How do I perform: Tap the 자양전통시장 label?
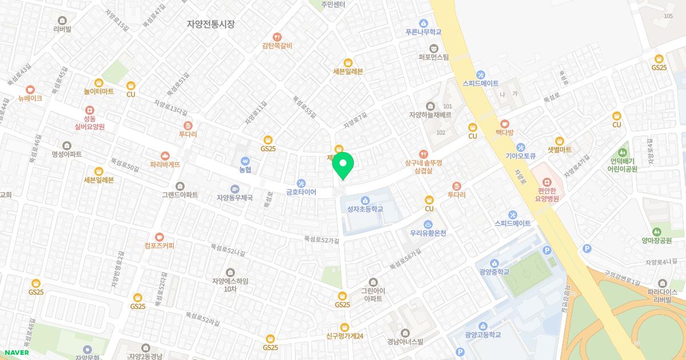click(211, 24)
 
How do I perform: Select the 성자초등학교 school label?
click(365, 209)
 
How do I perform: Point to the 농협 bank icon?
click(245, 161)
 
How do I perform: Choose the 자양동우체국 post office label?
click(234, 198)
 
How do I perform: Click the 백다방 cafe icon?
click(504, 123)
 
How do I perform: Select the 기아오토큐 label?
click(520, 155)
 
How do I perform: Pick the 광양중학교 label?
click(495, 271)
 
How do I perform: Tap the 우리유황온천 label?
click(428, 233)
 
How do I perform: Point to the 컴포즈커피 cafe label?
click(159, 246)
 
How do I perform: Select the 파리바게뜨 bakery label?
click(165, 164)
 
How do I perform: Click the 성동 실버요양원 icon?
click(89, 110)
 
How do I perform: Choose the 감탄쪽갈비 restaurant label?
click(277, 46)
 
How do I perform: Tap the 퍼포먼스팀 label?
click(434, 57)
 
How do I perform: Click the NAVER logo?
click(16, 353)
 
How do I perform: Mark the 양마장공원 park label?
click(656, 241)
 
